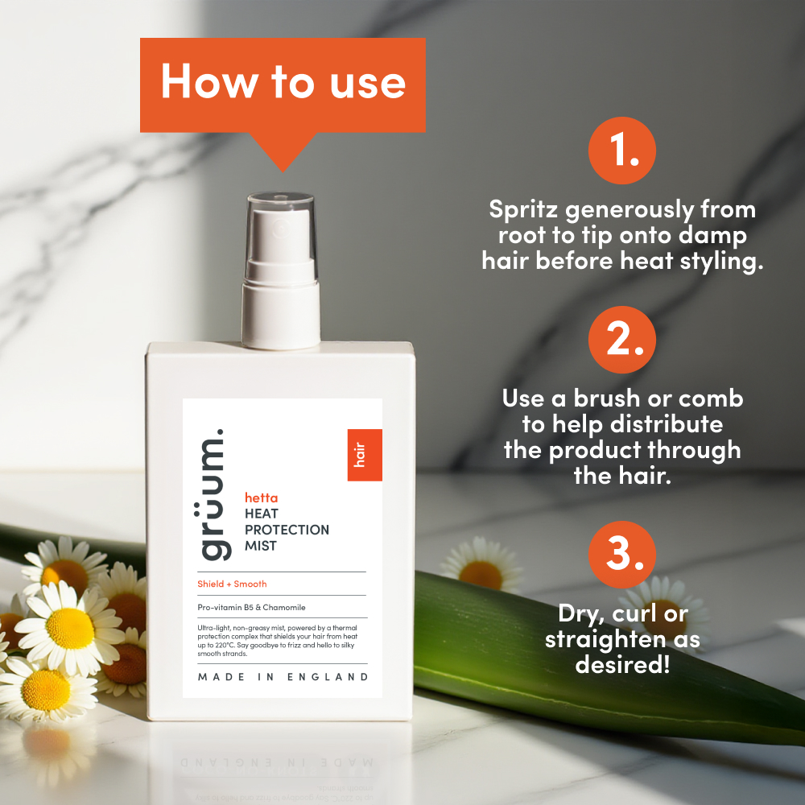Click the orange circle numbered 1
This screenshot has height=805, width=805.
[621, 151]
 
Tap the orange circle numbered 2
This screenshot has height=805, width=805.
[621, 340]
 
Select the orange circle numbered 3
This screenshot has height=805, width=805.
[621, 555]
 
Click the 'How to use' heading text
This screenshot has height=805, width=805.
[283, 82]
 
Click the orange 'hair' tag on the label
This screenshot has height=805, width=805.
[365, 455]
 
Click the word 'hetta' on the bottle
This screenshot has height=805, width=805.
[262, 498]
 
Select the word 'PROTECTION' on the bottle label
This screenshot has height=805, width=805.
[287, 530]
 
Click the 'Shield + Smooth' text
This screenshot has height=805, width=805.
[232, 584]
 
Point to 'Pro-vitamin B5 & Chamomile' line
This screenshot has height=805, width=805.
[251, 607]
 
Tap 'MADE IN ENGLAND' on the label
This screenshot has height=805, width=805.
[283, 677]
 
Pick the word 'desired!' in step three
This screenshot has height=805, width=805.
[622, 664]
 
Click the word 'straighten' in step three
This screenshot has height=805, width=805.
[609, 640]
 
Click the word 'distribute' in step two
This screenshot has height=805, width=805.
[667, 424]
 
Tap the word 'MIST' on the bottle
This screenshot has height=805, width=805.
[261, 546]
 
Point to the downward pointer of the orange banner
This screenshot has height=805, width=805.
[283, 152]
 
